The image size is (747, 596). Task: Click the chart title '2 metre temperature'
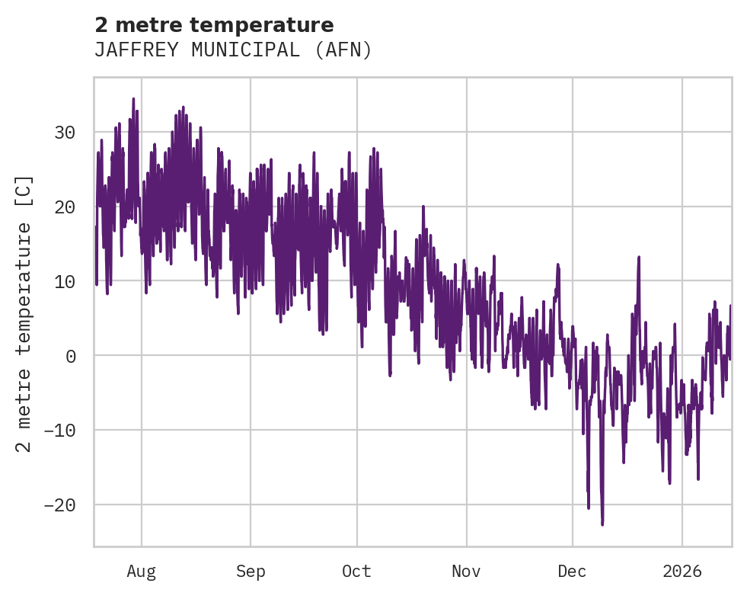(214, 25)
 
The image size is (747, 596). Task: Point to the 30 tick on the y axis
(65, 133)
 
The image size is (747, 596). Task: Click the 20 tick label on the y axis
(65, 207)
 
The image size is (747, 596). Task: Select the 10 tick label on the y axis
(65, 282)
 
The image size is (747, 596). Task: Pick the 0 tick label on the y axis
(70, 356)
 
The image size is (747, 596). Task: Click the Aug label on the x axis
(141, 572)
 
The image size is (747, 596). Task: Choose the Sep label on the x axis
(251, 572)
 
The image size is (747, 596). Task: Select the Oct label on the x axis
(356, 572)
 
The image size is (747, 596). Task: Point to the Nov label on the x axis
(466, 572)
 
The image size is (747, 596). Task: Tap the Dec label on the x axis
(572, 572)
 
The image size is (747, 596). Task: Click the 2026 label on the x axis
(682, 572)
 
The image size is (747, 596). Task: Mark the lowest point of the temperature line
(602, 524)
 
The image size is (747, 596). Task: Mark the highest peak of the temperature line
(133, 99)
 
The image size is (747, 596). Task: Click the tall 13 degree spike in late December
(639, 258)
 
